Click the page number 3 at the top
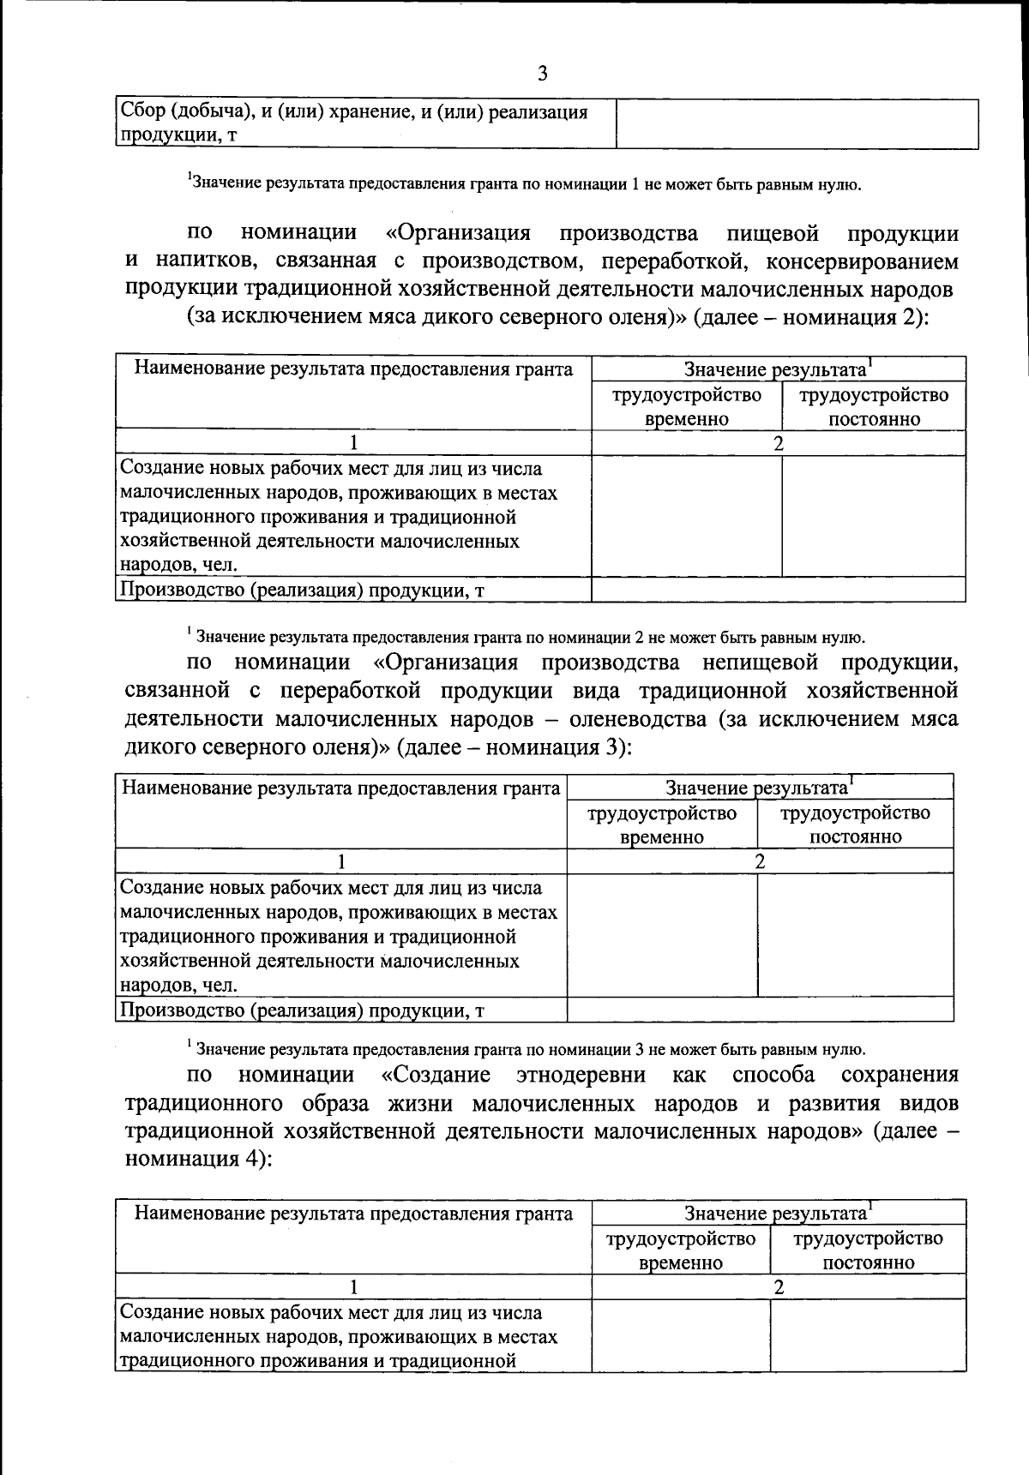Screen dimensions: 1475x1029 point(542,74)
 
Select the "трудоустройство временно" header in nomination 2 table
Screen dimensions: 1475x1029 point(686,406)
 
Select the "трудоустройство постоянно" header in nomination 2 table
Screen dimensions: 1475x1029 point(874,406)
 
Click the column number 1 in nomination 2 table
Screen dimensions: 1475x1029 point(353,443)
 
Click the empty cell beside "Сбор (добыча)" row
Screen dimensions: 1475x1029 point(797,124)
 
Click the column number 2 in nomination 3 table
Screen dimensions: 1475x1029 point(760,861)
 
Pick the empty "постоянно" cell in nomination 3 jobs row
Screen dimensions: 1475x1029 point(855,934)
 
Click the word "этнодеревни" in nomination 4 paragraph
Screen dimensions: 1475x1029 point(589,1075)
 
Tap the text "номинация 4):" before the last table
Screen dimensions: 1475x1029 point(199,1160)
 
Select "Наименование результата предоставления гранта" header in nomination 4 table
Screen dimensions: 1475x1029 point(353,1213)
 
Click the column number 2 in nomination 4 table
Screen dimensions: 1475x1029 point(779,1286)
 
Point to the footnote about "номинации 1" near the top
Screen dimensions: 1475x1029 point(524,183)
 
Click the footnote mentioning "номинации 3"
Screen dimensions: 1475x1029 point(526,1048)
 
